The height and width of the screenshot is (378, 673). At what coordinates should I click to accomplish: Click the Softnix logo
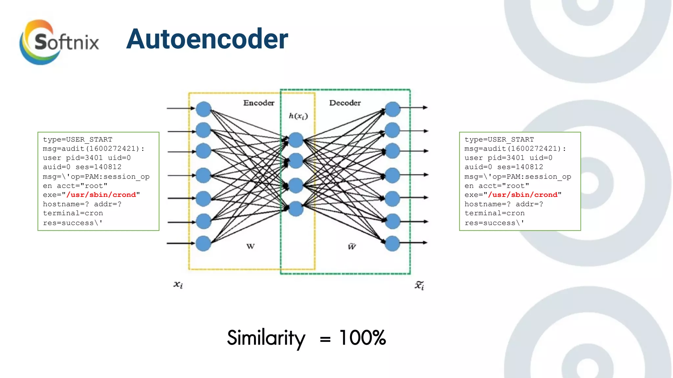pyautogui.click(x=59, y=42)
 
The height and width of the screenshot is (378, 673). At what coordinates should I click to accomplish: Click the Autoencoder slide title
pyautogui.click(x=207, y=39)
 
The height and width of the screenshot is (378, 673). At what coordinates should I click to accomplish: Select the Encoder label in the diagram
pyautogui.click(x=259, y=103)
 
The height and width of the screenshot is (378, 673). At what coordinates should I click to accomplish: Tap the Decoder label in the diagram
pyautogui.click(x=345, y=103)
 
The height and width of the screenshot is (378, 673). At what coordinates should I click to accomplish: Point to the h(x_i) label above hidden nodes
pyautogui.click(x=298, y=116)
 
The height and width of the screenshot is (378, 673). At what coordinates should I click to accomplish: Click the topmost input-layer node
pyautogui.click(x=203, y=109)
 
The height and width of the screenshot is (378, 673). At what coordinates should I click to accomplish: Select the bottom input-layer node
pyautogui.click(x=203, y=243)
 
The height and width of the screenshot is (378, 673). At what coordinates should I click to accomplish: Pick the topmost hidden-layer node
pyautogui.click(x=296, y=140)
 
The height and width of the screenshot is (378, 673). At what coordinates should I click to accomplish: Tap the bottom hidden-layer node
pyautogui.click(x=296, y=209)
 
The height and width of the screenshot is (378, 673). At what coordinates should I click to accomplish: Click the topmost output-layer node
pyautogui.click(x=393, y=109)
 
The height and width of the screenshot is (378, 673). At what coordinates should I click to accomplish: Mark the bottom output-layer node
pyautogui.click(x=392, y=243)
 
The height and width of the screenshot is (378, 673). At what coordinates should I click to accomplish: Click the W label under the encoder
pyautogui.click(x=250, y=246)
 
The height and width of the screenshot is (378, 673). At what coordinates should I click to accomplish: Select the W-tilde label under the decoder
pyautogui.click(x=352, y=246)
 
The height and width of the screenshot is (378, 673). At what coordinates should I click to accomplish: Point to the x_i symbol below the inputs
pyautogui.click(x=178, y=285)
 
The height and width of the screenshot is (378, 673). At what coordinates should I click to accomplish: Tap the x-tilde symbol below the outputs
pyautogui.click(x=419, y=285)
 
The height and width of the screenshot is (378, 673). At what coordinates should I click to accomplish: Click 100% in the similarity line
pyautogui.click(x=362, y=338)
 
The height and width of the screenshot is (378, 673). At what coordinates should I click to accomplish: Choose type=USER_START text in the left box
pyautogui.click(x=78, y=139)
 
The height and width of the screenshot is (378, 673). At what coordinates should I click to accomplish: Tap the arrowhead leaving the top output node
pyautogui.click(x=425, y=107)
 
